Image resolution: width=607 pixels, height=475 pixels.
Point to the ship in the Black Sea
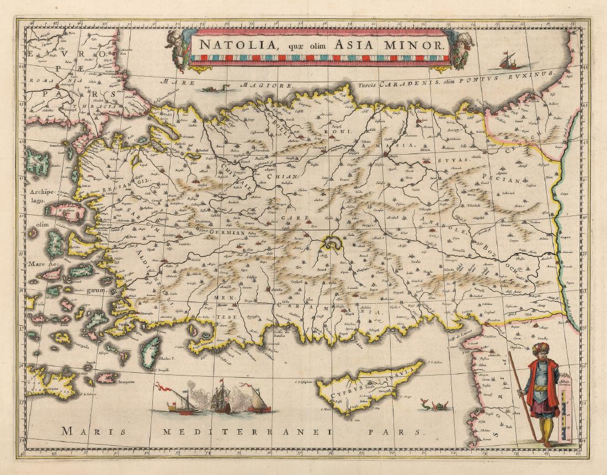click(510, 60)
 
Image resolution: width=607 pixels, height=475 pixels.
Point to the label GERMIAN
click(226, 233)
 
